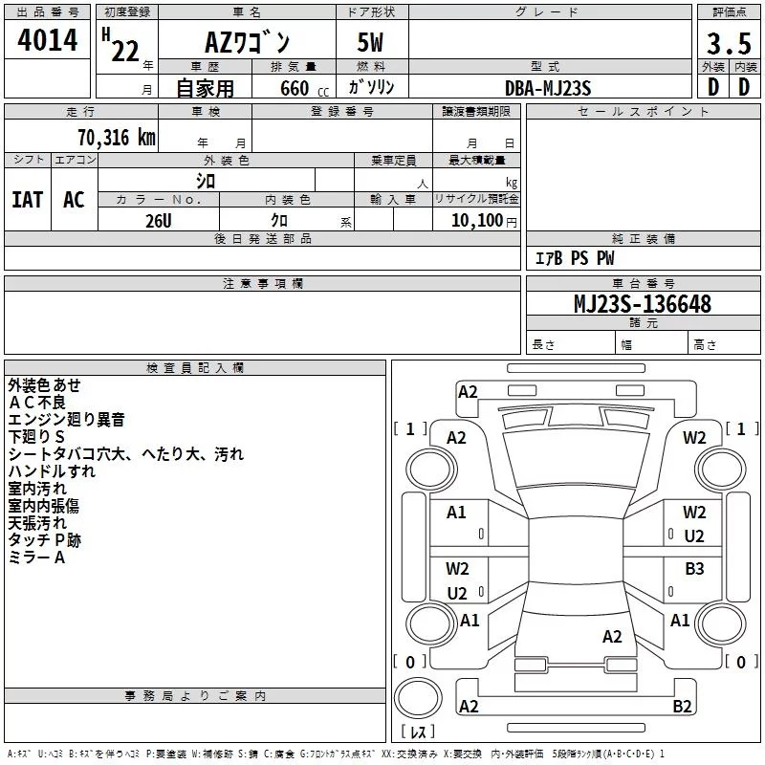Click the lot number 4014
point(47,41)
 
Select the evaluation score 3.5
point(728,43)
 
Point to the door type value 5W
point(371,42)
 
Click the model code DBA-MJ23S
point(548,88)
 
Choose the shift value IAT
point(28,199)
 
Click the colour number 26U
point(159,220)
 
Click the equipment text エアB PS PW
point(574,258)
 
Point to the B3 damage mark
point(694,569)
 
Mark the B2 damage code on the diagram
point(682,707)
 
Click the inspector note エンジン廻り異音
point(66,419)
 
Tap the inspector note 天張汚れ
point(37,523)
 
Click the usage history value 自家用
point(205,89)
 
